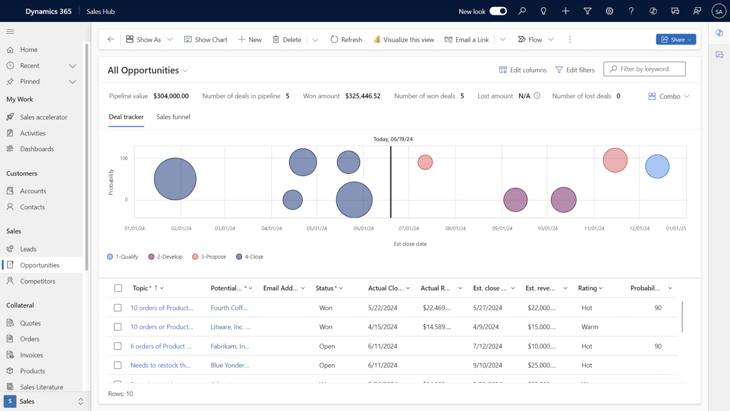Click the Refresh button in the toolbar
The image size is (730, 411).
click(x=346, y=39)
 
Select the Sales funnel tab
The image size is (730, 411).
click(x=173, y=117)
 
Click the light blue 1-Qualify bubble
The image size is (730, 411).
click(x=657, y=166)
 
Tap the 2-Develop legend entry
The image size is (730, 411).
click(x=165, y=257)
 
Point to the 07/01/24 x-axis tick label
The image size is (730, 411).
click(x=409, y=229)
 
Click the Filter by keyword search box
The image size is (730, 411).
click(x=644, y=69)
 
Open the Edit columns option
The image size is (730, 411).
click(x=523, y=70)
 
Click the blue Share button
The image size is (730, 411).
click(x=675, y=39)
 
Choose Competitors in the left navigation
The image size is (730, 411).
click(x=38, y=281)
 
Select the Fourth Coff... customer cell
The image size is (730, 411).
click(x=229, y=308)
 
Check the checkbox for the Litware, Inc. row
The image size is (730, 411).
click(x=118, y=327)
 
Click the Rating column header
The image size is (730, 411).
click(x=587, y=288)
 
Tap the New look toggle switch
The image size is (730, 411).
click(x=498, y=11)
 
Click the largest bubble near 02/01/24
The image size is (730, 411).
click(x=175, y=179)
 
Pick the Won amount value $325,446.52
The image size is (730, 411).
click(x=363, y=96)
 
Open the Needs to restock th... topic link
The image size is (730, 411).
click(x=160, y=365)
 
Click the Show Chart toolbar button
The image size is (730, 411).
click(x=206, y=39)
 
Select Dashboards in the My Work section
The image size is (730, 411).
click(x=37, y=149)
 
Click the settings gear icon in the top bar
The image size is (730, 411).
click(x=609, y=11)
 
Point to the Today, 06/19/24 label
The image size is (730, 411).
click(x=393, y=139)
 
